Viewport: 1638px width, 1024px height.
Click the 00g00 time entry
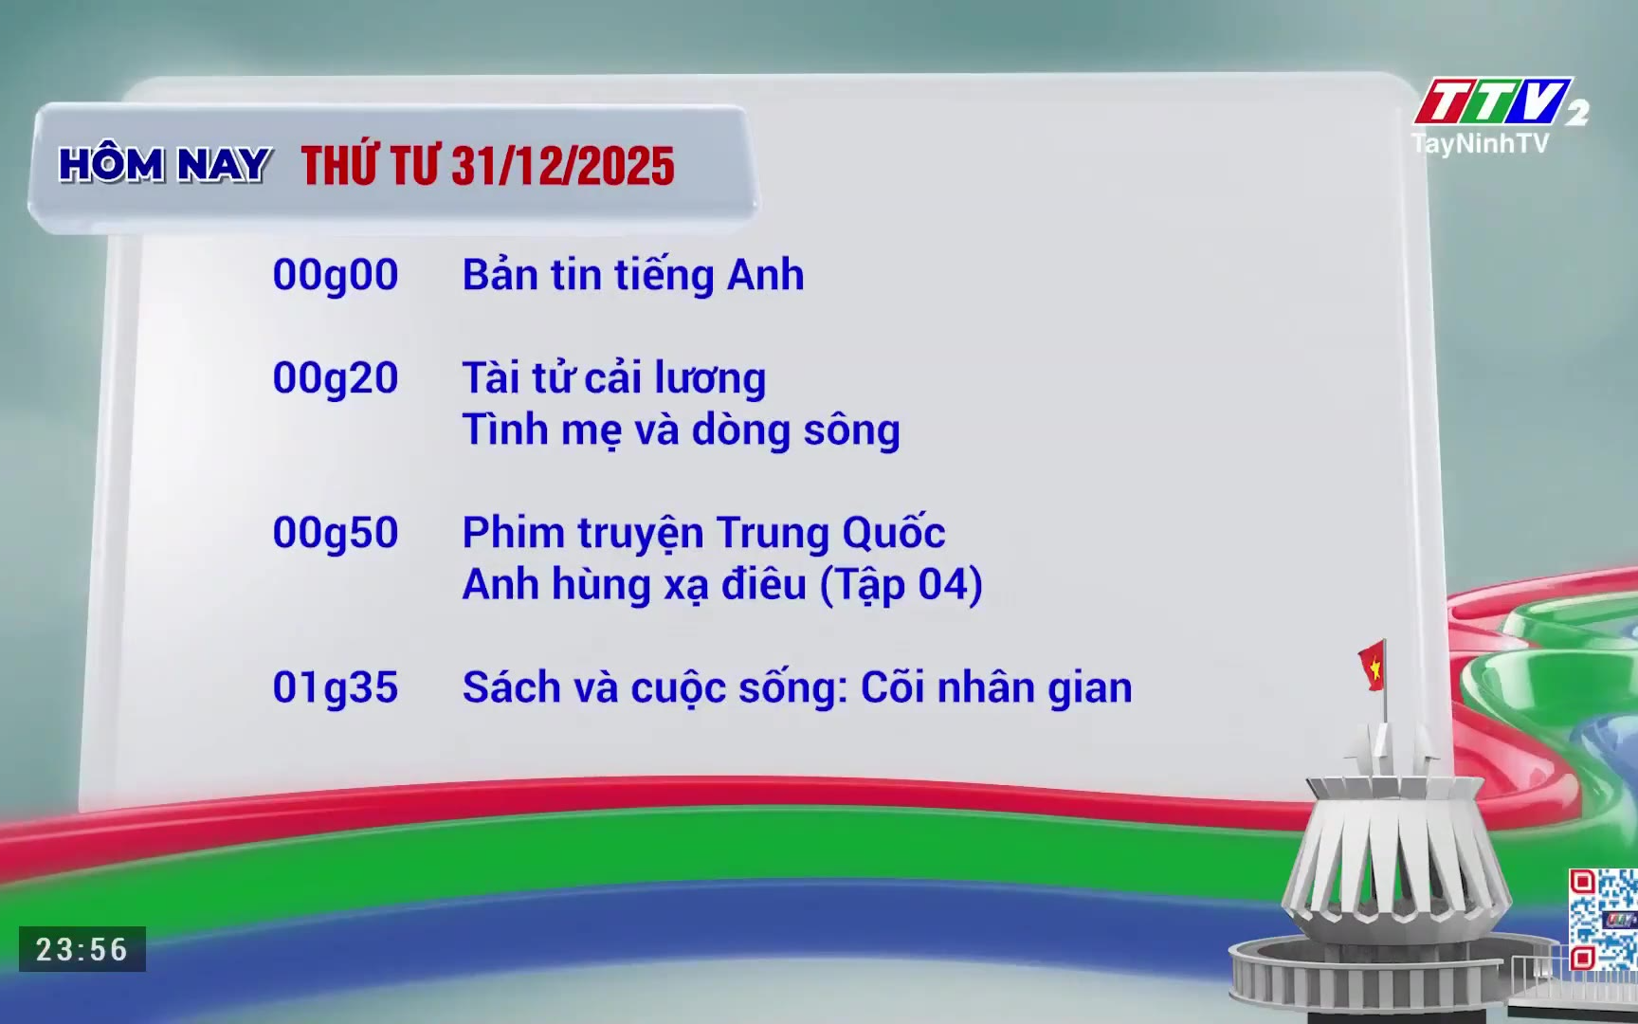click(336, 276)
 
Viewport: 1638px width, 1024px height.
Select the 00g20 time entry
click(336, 379)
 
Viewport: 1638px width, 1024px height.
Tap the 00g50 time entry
click(336, 534)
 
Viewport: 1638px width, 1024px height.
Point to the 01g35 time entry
click(336, 688)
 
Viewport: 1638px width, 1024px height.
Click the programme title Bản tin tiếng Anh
click(633, 276)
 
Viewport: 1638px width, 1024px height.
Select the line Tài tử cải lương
click(614, 378)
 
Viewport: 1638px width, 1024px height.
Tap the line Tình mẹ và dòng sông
click(682, 430)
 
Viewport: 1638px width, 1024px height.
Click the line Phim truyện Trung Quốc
click(703, 534)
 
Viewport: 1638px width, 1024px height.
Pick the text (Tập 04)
click(901, 585)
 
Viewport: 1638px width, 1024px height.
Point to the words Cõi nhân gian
click(996, 687)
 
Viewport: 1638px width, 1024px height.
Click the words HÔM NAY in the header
click(165, 164)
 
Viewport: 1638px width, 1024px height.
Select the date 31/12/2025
click(563, 167)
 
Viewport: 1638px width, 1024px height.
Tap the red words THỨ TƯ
click(370, 165)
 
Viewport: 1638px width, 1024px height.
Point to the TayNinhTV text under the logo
click(1480, 143)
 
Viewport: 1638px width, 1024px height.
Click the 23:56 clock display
click(82, 949)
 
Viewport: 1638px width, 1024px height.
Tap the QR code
click(1603, 920)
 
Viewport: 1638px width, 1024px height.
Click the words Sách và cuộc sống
click(655, 687)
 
